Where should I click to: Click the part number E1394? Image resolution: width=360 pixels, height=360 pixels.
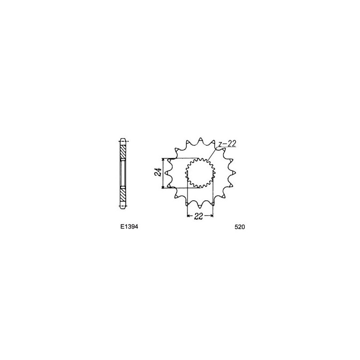coord(129,227)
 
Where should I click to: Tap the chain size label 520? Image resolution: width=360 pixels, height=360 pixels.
coord(240,227)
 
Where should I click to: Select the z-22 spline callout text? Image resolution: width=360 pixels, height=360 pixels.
coord(227,144)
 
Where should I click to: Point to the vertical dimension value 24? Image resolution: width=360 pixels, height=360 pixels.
coord(157,172)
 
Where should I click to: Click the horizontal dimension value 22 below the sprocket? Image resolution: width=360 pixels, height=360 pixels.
coord(198,216)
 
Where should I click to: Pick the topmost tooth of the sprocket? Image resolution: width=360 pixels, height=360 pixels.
coord(200,139)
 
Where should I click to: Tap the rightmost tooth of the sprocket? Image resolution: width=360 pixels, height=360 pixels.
coord(234,172)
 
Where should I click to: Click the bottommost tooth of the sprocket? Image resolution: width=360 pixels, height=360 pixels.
coord(200,205)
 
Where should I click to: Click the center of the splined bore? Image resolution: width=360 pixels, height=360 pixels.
coord(199,172)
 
